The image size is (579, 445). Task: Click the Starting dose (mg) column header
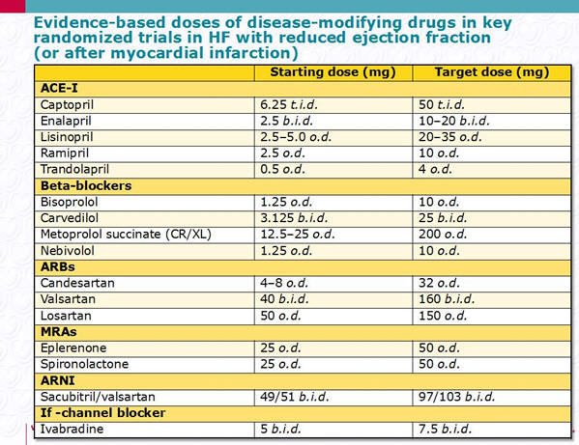pyautogui.click(x=333, y=72)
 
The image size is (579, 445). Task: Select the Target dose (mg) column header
pyautogui.click(x=491, y=72)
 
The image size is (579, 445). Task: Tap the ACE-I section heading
pyautogui.click(x=59, y=89)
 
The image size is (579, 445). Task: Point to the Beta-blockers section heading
pyautogui.click(x=86, y=185)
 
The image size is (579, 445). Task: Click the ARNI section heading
pyautogui.click(x=58, y=380)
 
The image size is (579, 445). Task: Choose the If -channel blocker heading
pyautogui.click(x=103, y=413)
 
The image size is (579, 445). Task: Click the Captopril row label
pyautogui.click(x=67, y=105)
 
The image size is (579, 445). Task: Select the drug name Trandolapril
pyautogui.click(x=74, y=169)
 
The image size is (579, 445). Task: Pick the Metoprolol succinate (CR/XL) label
pyautogui.click(x=126, y=235)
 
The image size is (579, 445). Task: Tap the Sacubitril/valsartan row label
pyautogui.click(x=98, y=397)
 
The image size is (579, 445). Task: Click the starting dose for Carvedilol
pyautogui.click(x=294, y=218)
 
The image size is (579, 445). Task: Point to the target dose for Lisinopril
pyautogui.click(x=450, y=137)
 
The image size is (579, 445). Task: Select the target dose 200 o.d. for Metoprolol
pyautogui.click(x=443, y=235)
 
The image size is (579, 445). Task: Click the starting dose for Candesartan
pyautogui.click(x=284, y=283)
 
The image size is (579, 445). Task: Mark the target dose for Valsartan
pyautogui.click(x=447, y=299)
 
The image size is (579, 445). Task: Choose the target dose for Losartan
pyautogui.click(x=443, y=316)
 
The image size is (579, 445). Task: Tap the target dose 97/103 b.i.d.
pyautogui.click(x=456, y=397)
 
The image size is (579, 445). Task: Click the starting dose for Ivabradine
pyautogui.click(x=280, y=430)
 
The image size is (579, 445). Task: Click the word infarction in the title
pyautogui.click(x=250, y=53)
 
